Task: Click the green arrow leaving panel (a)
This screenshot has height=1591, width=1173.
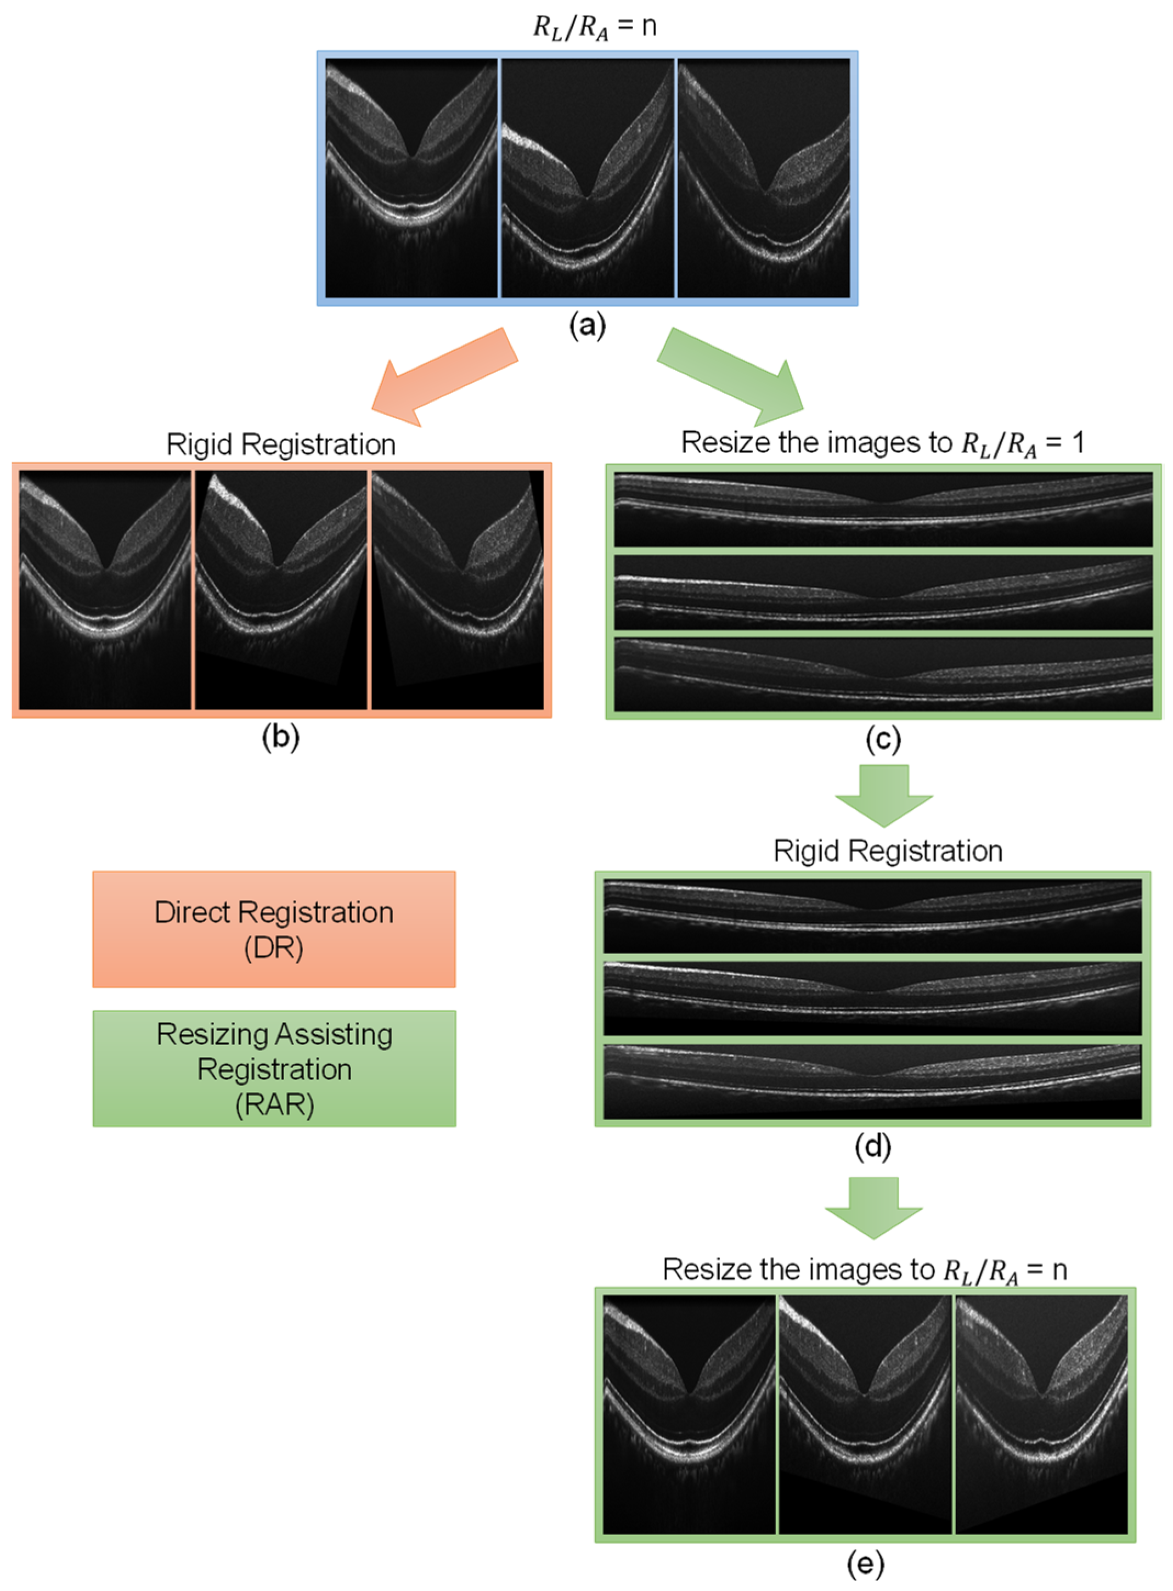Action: (731, 373)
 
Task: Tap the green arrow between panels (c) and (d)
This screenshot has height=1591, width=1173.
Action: (884, 794)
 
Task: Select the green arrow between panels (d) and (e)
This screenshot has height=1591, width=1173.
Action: (873, 1207)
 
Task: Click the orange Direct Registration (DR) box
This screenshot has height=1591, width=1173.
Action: (274, 929)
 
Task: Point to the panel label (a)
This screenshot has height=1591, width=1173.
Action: (587, 326)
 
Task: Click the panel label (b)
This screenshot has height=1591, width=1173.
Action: (280, 738)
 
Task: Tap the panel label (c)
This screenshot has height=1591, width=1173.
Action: (883, 739)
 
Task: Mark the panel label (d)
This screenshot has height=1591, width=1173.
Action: (873, 1146)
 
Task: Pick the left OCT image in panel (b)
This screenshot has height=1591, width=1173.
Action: (105, 589)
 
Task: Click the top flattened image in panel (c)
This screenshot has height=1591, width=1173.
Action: (883, 510)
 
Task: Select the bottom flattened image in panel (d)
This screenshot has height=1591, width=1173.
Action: (873, 1081)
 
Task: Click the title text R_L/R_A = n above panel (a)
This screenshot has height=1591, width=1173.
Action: (595, 27)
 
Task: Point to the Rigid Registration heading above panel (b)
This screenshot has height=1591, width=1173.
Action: (280, 444)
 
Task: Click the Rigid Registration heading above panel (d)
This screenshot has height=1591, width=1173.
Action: (888, 850)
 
